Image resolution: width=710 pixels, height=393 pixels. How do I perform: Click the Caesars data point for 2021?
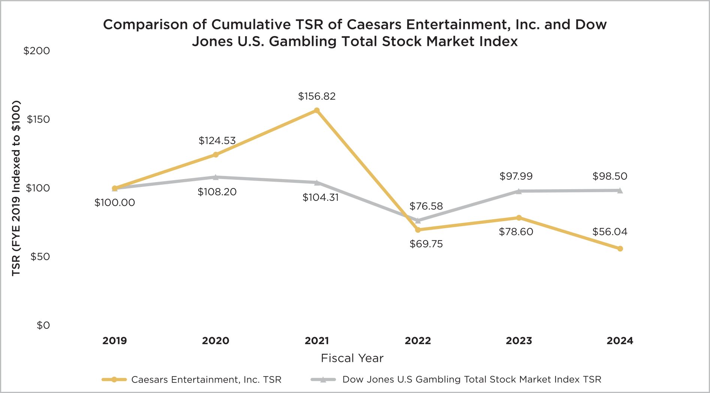coord(317,110)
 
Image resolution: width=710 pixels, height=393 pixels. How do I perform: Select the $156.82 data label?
coord(317,96)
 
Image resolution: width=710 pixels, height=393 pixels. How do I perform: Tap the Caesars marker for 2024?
coord(620,248)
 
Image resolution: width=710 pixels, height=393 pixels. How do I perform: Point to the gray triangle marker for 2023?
coord(519,191)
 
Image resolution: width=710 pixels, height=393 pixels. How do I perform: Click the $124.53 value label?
coord(217,141)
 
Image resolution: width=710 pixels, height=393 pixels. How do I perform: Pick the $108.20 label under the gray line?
coord(217,192)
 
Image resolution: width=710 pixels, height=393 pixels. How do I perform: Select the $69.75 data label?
coord(426,244)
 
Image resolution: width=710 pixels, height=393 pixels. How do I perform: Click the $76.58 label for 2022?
coord(426,206)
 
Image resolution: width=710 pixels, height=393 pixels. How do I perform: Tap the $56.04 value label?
coord(610,232)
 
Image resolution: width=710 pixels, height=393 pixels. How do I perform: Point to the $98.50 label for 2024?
coord(610,176)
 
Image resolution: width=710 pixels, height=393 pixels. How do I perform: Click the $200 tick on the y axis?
coord(36,51)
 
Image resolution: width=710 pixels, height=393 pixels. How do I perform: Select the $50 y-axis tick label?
coord(40,257)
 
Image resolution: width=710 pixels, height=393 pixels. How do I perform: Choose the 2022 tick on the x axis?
coord(418,341)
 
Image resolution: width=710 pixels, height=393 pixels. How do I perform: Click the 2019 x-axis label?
coord(115,341)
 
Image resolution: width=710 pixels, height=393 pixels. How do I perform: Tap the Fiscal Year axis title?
coord(352,358)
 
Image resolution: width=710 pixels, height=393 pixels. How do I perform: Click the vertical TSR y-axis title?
coord(16,188)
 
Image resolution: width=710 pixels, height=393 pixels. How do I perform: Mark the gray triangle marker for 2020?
coord(215,177)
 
